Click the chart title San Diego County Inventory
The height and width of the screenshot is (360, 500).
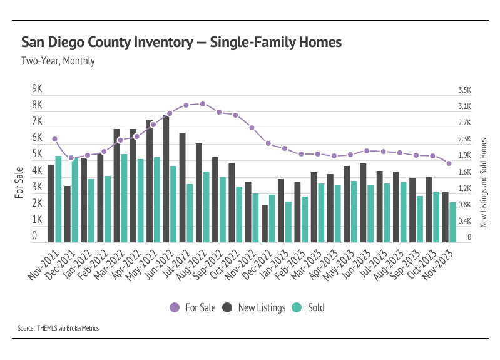coord(181,43)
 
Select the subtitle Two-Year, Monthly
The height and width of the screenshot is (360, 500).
coord(58,61)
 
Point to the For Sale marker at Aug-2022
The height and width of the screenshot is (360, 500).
coord(202,104)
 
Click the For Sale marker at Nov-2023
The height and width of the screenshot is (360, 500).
coord(449,163)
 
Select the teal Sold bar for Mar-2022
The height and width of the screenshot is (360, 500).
coord(124,198)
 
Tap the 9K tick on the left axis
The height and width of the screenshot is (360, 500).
coord(37,89)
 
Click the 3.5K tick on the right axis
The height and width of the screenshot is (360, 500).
coord(464,90)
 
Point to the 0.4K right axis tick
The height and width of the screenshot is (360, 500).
coord(464,221)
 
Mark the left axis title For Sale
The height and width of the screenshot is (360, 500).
coord(19,183)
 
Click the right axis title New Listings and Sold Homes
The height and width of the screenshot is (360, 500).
coord(483,183)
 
